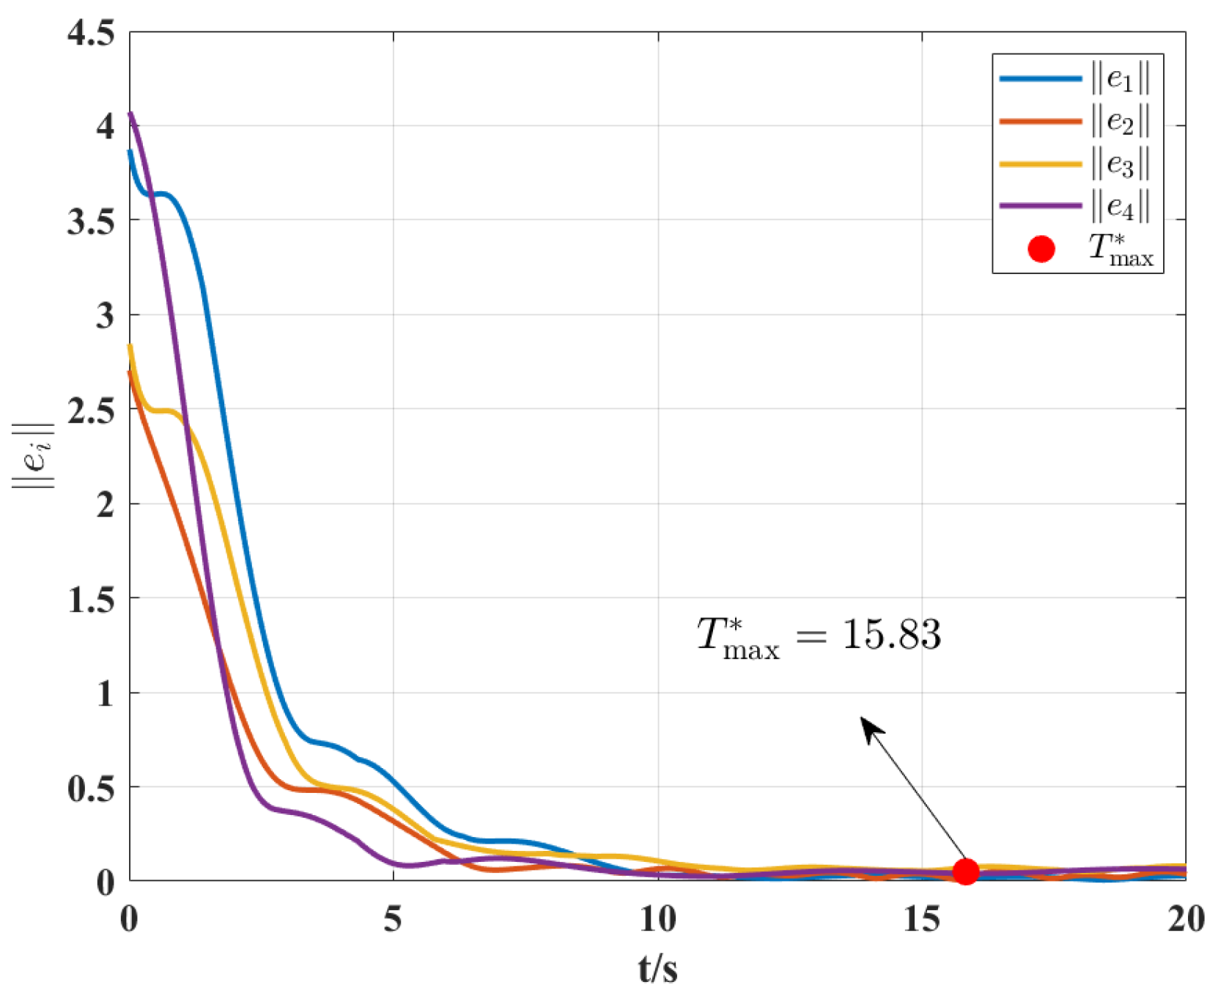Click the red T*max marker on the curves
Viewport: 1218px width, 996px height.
coord(966,871)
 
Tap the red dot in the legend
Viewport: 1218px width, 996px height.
coord(1041,249)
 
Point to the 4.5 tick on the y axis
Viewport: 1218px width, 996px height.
coord(91,33)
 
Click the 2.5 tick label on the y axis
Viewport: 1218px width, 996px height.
coord(91,410)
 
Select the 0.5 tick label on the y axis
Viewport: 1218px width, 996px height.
coord(91,788)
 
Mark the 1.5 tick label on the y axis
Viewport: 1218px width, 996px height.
coord(91,599)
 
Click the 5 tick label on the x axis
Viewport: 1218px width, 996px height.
coord(393,919)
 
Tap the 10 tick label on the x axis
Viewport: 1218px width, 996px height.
coord(657,919)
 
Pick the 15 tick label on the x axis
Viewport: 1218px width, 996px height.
coord(921,919)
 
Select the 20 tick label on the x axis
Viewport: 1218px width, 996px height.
coord(1185,919)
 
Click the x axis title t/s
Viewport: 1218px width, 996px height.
coord(657,969)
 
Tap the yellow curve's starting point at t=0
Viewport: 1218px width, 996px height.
coord(130,346)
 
